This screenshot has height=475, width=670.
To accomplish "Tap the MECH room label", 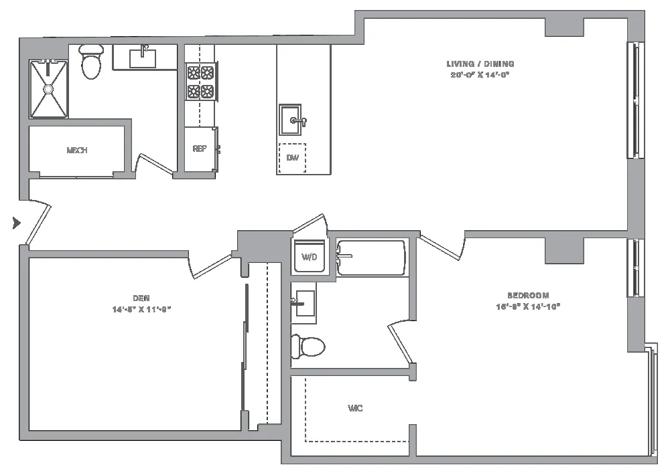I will click(x=77, y=151).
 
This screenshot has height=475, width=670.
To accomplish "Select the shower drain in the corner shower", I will click(x=48, y=88).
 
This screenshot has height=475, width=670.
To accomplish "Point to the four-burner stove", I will click(x=200, y=82).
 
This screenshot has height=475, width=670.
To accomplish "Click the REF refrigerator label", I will click(x=199, y=149).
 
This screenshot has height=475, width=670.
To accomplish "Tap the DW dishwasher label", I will click(x=292, y=159).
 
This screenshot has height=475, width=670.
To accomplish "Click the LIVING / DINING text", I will click(x=480, y=64).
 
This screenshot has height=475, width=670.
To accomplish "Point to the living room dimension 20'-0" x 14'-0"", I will click(x=480, y=75).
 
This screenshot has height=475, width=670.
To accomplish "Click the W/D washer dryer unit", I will click(x=310, y=257).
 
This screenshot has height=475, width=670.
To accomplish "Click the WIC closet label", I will click(x=355, y=408).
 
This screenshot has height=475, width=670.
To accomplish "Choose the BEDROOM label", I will click(x=528, y=295).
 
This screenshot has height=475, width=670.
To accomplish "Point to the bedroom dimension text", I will click(x=528, y=306).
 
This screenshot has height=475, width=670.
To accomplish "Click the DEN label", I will click(x=141, y=298).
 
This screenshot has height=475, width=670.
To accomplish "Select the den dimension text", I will click(x=141, y=309).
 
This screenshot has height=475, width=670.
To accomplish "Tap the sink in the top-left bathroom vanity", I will click(x=143, y=57).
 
